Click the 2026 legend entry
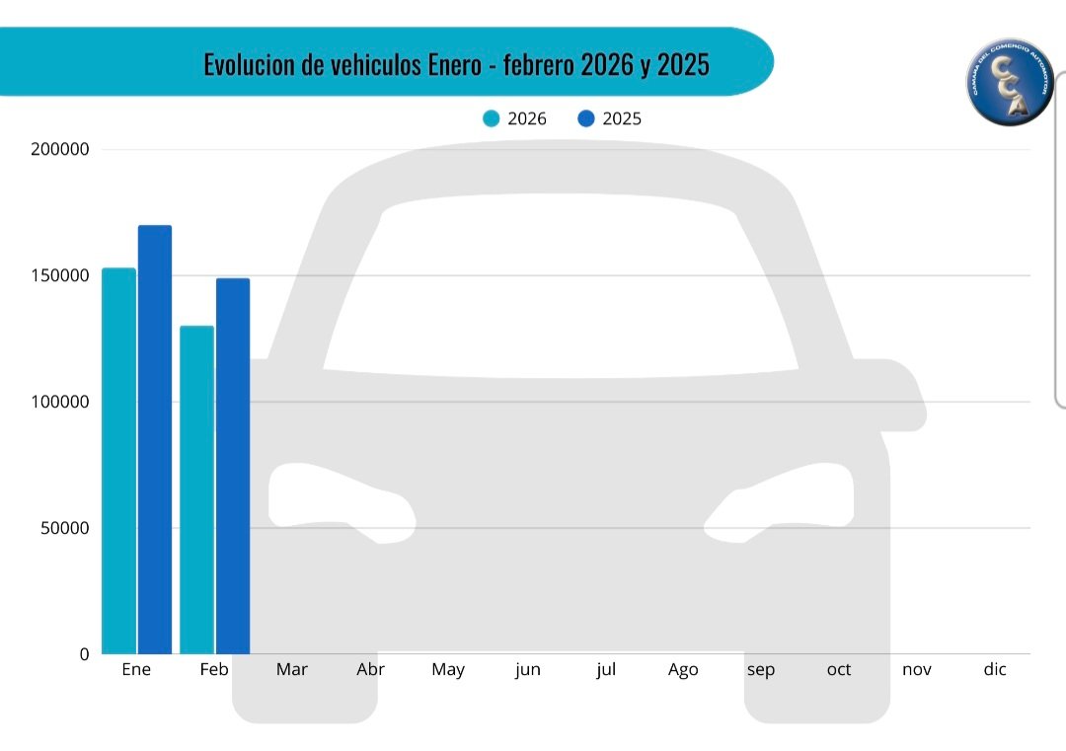514,119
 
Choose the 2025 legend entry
609,119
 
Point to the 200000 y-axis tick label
60,150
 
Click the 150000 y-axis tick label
60,275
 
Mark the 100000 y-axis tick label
60,402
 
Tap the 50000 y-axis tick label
64,528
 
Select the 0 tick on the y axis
83,654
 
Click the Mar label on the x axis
292,670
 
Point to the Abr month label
370,670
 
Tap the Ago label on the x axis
683,670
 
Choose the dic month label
995,670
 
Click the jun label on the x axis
528,670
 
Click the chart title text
456,65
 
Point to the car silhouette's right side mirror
893,395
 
